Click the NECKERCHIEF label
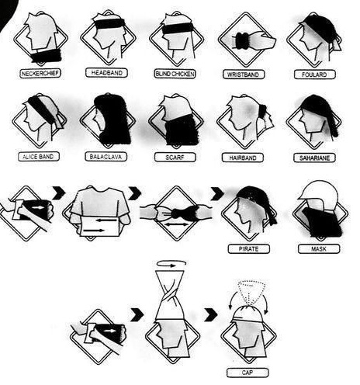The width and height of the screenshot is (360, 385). tap(40, 74)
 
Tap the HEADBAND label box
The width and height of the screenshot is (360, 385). tap(106, 73)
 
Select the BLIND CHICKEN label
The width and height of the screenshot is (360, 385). tap(175, 74)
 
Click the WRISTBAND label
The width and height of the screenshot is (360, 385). tap(244, 75)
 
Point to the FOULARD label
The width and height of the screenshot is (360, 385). tap(314, 75)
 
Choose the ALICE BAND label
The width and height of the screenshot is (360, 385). tap(39, 157)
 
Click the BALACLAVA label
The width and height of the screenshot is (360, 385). tap(106, 157)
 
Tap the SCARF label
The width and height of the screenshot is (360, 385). tap(175, 158)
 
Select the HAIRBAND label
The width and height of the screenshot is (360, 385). tap(243, 158)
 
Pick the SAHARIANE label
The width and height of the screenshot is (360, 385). tap(315, 158)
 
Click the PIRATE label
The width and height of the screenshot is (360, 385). tap(249, 249)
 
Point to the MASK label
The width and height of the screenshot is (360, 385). tap(319, 249)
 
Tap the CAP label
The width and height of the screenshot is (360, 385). tap(247, 373)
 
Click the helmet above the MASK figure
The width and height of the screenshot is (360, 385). tap(319, 191)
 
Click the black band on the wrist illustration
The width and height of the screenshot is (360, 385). tap(242, 41)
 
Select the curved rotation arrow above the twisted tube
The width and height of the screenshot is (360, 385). tap(171, 263)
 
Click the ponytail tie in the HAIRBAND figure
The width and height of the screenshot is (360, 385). tap(263, 112)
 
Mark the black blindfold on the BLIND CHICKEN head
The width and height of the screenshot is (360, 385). tap(177, 28)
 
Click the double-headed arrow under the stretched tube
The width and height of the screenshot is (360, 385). tap(177, 225)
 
